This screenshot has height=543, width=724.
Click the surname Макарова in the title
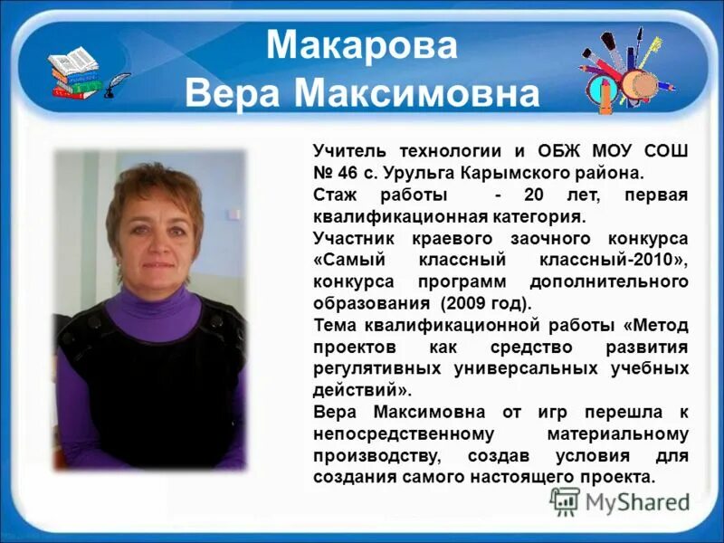coord(362,45)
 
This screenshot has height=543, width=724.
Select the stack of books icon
coord(76,72)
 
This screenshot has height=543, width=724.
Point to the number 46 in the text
coord(350,171)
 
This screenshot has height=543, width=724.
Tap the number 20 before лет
coord(538,195)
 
